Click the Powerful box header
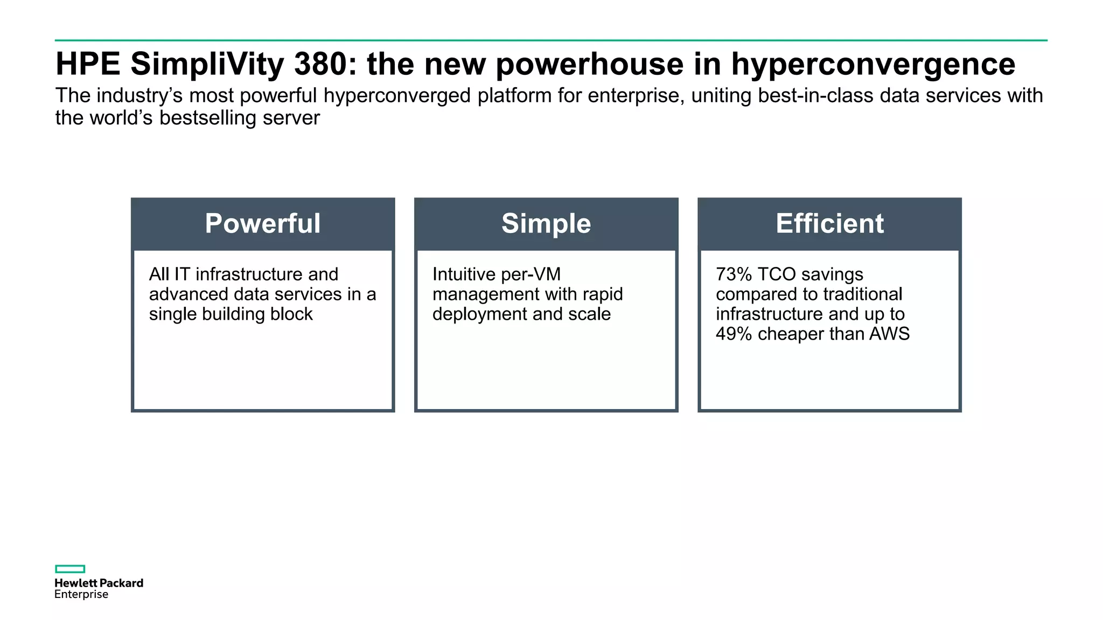click(x=263, y=224)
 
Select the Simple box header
click(x=546, y=224)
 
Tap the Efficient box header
click(x=829, y=224)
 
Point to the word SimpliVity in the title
click(x=207, y=64)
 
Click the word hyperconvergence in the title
click(x=872, y=64)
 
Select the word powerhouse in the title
click(x=589, y=64)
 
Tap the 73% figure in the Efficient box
click(x=733, y=274)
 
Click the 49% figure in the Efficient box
click(x=733, y=334)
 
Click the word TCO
click(x=776, y=274)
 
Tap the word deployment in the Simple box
click(x=479, y=314)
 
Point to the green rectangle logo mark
click(x=70, y=569)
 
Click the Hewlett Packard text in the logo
click(x=99, y=583)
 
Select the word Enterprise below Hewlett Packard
click(x=81, y=595)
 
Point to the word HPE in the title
click(x=88, y=64)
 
